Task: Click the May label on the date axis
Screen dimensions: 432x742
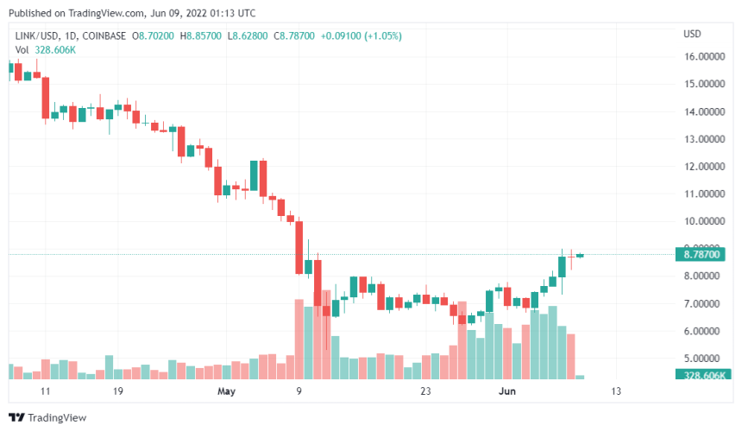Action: coord(226,391)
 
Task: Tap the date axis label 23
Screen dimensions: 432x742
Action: coord(425,391)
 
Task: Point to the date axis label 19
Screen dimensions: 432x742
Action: coord(118,391)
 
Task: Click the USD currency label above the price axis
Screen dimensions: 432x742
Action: coord(692,34)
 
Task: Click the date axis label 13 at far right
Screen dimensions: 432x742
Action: coord(615,391)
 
